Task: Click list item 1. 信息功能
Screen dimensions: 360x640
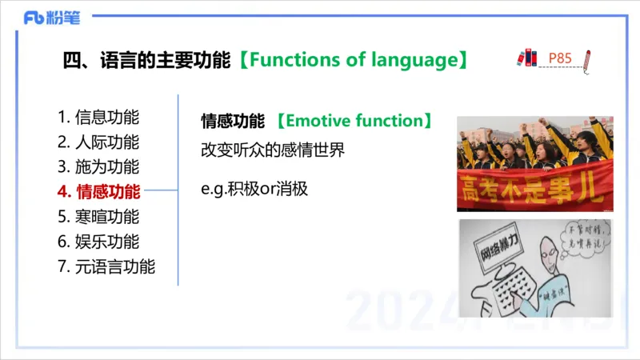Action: click(x=98, y=117)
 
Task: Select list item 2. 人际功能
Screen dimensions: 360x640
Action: click(x=98, y=142)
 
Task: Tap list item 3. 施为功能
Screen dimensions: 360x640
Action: click(x=98, y=167)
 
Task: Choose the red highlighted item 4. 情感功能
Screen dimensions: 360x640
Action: click(x=98, y=191)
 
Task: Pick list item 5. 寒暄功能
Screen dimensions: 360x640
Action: click(x=98, y=216)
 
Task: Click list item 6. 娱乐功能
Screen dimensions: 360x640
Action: click(x=98, y=241)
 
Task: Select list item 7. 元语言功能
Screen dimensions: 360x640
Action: click(x=106, y=266)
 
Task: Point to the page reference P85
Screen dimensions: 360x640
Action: click(x=560, y=58)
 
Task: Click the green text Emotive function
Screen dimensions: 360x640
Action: click(x=354, y=122)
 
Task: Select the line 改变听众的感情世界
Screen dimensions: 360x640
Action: click(x=272, y=150)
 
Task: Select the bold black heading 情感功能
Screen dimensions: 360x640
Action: click(x=232, y=122)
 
